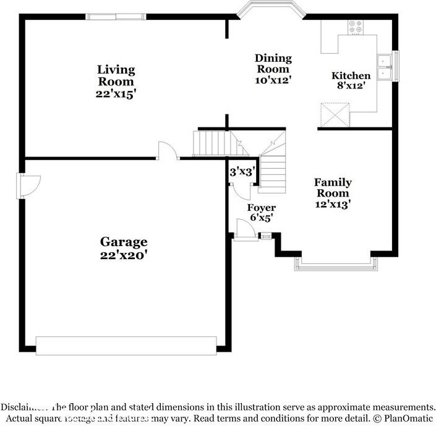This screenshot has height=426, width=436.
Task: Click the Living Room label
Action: tap(116, 75)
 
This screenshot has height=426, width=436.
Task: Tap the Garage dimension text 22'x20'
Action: tap(124, 254)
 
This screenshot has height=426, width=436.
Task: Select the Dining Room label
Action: tap(273, 64)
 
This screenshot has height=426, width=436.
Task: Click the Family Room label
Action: tap(333, 188)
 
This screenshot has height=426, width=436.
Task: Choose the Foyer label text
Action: tap(261, 208)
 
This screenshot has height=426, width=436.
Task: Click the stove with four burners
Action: tap(356, 27)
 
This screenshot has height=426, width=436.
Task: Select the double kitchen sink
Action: tap(385, 67)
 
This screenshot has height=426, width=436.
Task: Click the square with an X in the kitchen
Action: tap(335, 114)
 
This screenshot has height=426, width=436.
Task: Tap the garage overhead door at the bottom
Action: tap(126, 345)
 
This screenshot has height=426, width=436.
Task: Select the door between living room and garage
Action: tap(168, 151)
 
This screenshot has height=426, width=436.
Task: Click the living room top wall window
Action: tap(118, 16)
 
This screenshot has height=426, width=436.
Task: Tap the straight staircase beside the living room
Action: tap(213, 143)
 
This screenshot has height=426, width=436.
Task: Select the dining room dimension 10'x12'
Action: tap(273, 80)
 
